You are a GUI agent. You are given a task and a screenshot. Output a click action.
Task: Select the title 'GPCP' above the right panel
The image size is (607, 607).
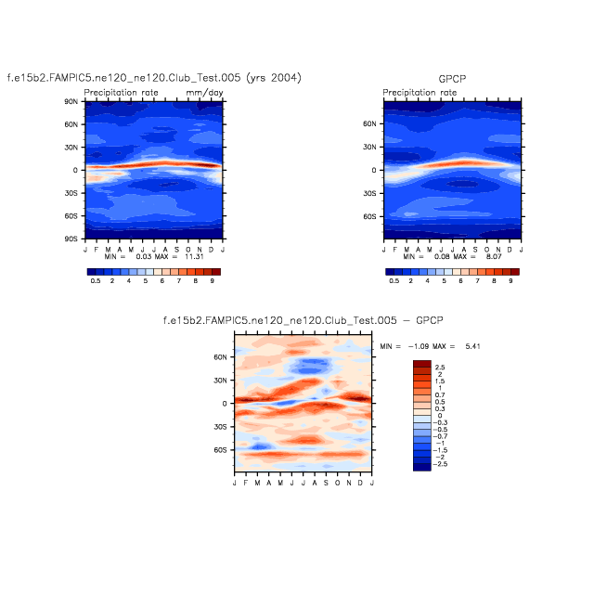452,79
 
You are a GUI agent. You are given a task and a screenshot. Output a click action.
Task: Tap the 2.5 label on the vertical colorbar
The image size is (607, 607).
441,368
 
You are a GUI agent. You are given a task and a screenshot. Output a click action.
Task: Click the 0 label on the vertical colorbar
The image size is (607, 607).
438,416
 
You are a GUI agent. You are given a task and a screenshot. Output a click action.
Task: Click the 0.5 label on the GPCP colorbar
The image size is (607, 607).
394,279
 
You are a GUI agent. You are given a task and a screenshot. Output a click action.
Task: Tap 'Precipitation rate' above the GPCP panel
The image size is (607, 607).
420,93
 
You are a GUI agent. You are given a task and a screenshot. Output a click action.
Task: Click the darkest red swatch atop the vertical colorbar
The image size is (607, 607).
421,364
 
